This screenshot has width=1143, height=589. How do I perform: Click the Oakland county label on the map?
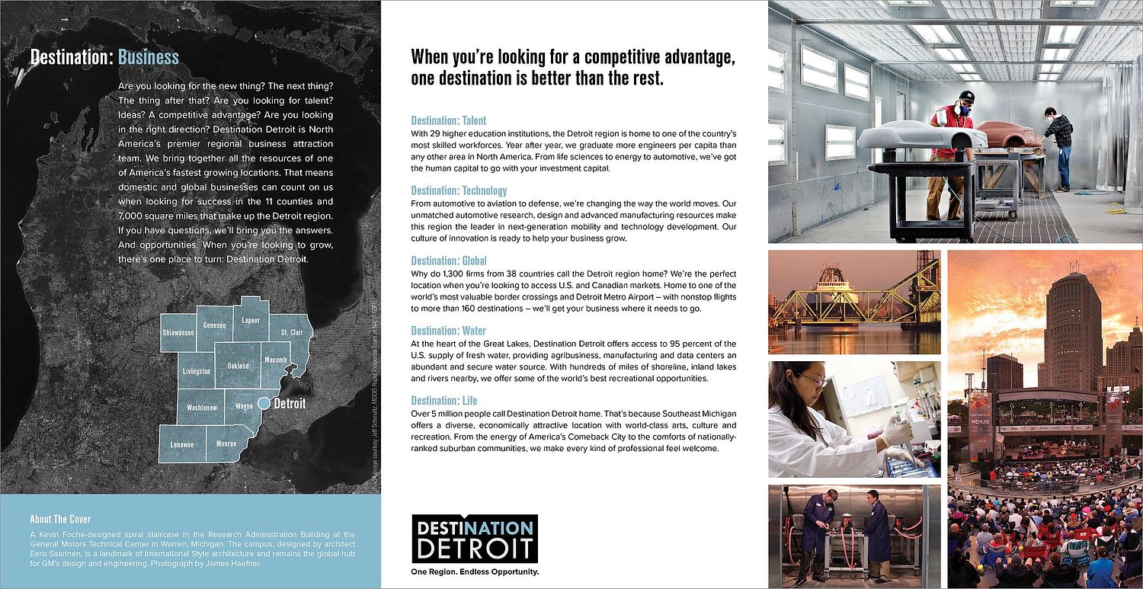[238, 367]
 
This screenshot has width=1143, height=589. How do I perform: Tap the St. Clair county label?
[291, 333]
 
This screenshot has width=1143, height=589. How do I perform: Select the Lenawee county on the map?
[181, 444]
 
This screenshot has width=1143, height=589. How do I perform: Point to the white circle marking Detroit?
[263, 403]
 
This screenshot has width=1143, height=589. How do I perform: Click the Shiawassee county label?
[178, 334]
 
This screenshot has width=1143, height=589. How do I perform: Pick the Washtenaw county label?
[202, 408]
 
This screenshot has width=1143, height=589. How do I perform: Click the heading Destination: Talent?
[448, 120]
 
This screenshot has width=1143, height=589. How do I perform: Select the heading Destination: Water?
[448, 331]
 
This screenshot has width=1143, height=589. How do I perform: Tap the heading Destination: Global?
[449, 261]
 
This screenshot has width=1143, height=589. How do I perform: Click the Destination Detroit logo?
[474, 538]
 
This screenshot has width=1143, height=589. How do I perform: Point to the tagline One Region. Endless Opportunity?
[474, 571]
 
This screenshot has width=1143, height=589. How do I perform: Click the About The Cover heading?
[60, 520]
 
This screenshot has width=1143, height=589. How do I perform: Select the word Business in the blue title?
[149, 57]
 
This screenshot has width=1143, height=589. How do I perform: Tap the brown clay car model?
[1009, 134]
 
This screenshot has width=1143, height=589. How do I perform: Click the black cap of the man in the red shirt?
[966, 97]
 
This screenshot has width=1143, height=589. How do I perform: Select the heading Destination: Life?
[444, 401]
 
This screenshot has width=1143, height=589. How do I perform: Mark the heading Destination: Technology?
[459, 190]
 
